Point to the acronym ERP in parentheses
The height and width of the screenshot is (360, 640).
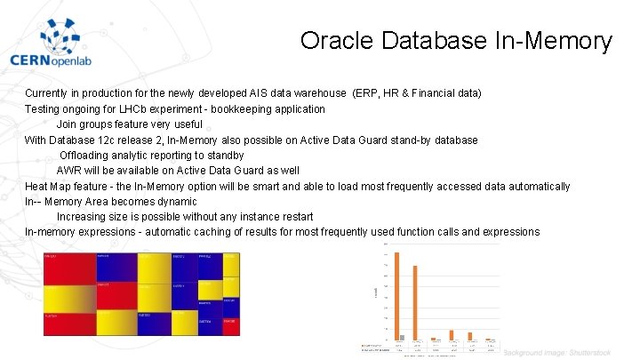pyautogui.click(x=370, y=93)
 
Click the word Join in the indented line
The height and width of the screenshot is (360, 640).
pyautogui.click(x=68, y=124)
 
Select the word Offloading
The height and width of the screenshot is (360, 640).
pyautogui.click(x=88, y=156)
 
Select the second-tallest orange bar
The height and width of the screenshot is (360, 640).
pyautogui.click(x=414, y=303)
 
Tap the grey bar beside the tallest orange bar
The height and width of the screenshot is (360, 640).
pyautogui.click(x=402, y=338)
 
